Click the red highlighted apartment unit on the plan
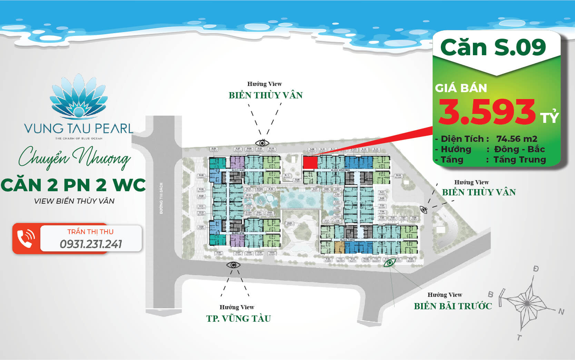pyautogui.click(x=310, y=162)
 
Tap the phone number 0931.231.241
pyautogui.click(x=91, y=244)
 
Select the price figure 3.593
pyautogui.click(x=487, y=112)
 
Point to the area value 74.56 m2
pyautogui.click(x=517, y=139)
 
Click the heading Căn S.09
pyautogui.click(x=493, y=47)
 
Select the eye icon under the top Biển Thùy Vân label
pyautogui.click(x=262, y=143)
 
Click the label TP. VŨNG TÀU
pyautogui.click(x=238, y=318)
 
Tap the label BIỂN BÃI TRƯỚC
pyautogui.click(x=453, y=306)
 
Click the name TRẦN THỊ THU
pyautogui.click(x=90, y=232)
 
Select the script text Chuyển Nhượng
pyautogui.click(x=75, y=158)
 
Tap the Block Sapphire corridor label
pyautogui.click(x=340, y=170)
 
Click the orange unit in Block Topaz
pyautogui.click(x=340, y=247)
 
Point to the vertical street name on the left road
pyautogui.click(x=161, y=198)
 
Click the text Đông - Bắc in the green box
pyautogui.click(x=519, y=149)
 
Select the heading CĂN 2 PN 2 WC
pyautogui.click(x=73, y=185)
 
